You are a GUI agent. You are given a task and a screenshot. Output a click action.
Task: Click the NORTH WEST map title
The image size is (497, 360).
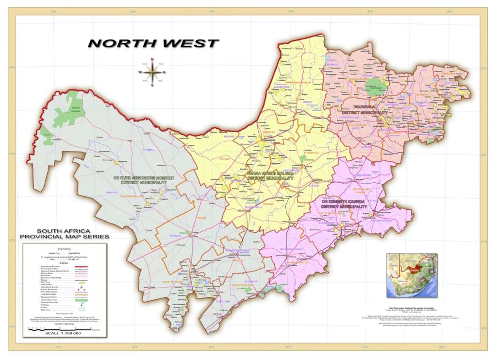[153, 43]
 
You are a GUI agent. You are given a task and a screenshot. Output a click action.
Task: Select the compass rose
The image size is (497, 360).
[152, 72]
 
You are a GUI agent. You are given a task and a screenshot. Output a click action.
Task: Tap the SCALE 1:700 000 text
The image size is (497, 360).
[63, 333]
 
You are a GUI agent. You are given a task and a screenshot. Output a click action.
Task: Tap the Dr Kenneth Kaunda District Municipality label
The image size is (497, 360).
[347, 204]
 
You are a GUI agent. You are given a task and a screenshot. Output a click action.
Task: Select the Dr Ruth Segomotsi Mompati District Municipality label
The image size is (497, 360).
[143, 181]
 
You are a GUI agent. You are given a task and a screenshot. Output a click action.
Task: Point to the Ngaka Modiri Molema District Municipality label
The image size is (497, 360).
[270, 175]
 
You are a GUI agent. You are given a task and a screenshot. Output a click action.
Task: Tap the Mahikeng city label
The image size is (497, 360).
[268, 141]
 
